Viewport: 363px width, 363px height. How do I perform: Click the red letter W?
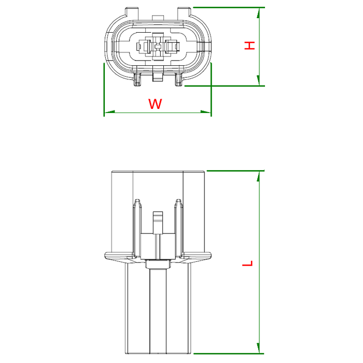pyautogui.click(x=155, y=104)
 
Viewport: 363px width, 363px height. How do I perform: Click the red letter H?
pyautogui.click(x=249, y=46)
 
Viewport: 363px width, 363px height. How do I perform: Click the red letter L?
pyautogui.click(x=247, y=263)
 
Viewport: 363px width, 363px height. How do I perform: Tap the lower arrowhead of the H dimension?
pyautogui.click(x=258, y=80)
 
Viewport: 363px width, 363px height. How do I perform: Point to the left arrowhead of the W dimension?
pyautogui.click(x=109, y=112)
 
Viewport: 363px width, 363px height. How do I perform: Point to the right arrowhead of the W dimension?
pyautogui.click(x=205, y=112)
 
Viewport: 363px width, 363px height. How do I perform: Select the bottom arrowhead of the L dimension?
pyautogui.click(x=258, y=348)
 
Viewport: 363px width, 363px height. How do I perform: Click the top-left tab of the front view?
pyautogui.click(x=132, y=12)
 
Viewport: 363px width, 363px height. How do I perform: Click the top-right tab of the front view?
pyautogui.click(x=184, y=12)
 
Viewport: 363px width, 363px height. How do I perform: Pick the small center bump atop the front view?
pyautogui.click(x=158, y=18)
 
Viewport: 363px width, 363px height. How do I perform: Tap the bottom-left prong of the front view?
pyautogui.click(x=137, y=79)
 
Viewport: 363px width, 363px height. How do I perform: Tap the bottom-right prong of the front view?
pyautogui.click(x=178, y=79)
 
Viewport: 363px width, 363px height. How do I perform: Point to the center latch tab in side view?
pyautogui.click(x=158, y=222)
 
